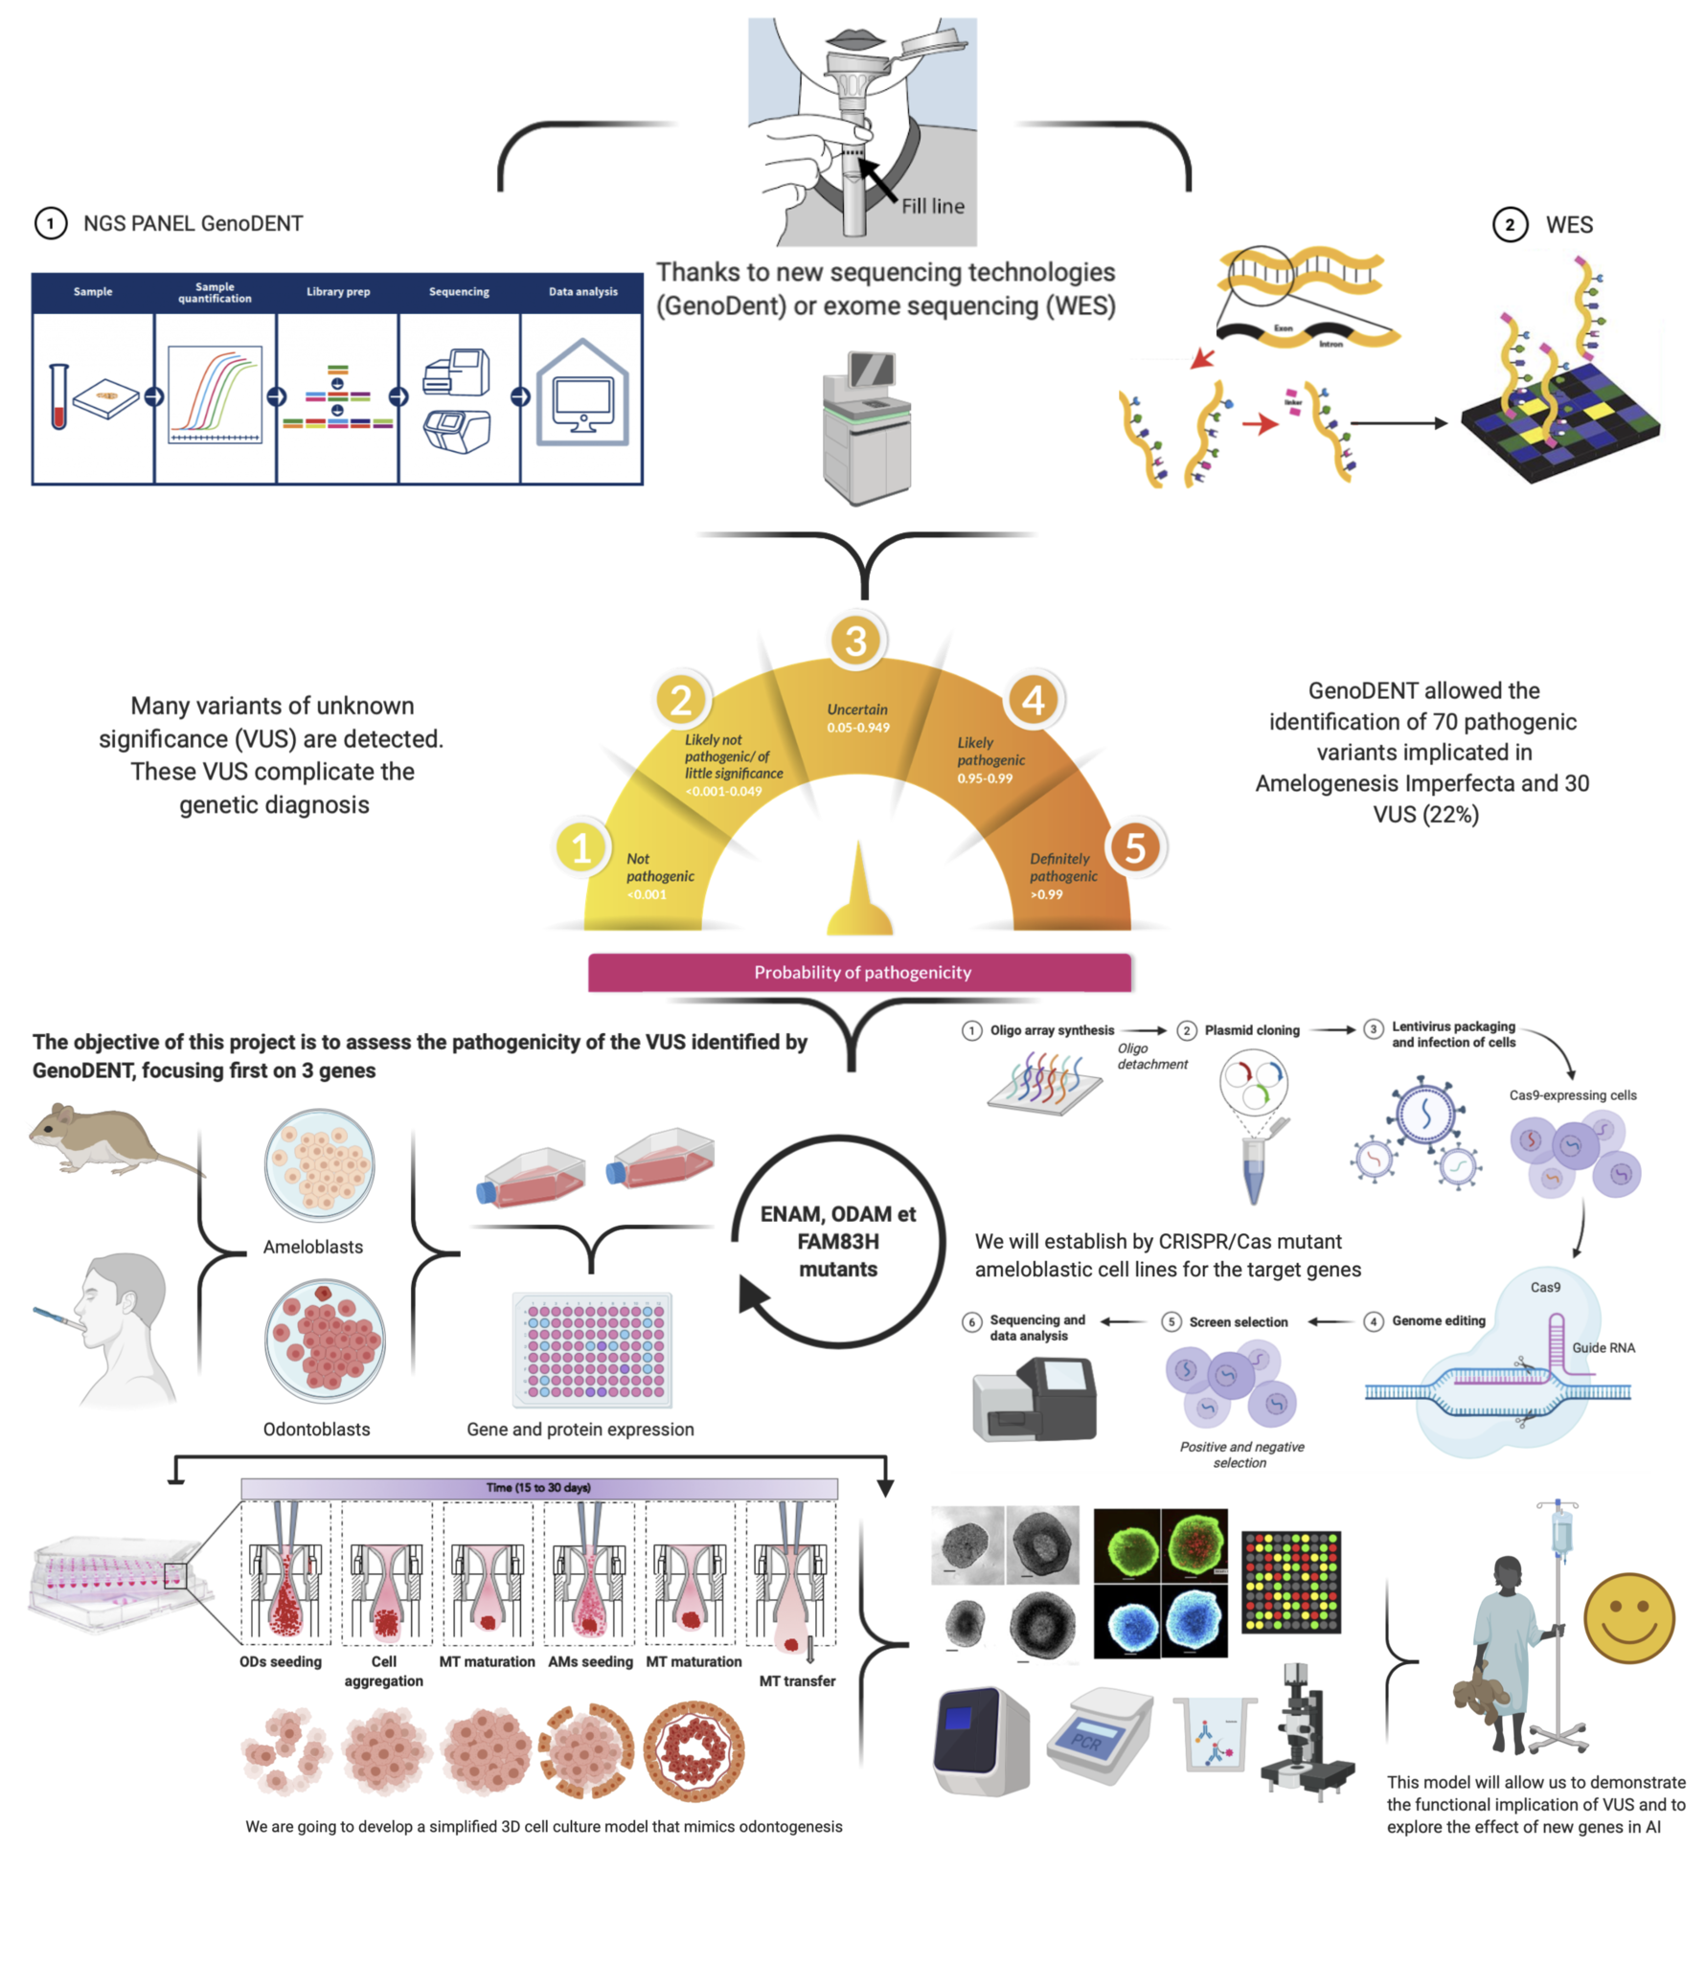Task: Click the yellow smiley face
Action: point(1627,1617)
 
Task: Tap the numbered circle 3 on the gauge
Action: point(855,640)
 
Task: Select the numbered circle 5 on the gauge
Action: point(1134,846)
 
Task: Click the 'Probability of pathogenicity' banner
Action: point(859,972)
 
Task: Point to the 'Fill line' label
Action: point(932,206)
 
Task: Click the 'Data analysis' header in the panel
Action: point(582,292)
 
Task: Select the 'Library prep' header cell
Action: point(337,292)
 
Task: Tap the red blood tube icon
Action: point(58,396)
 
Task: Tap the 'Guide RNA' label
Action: point(1603,1347)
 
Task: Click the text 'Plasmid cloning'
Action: point(1251,1030)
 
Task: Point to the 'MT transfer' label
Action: point(796,1680)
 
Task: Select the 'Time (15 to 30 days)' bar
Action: point(538,1487)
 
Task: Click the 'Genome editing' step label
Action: point(1437,1320)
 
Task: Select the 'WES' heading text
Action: point(1568,225)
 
